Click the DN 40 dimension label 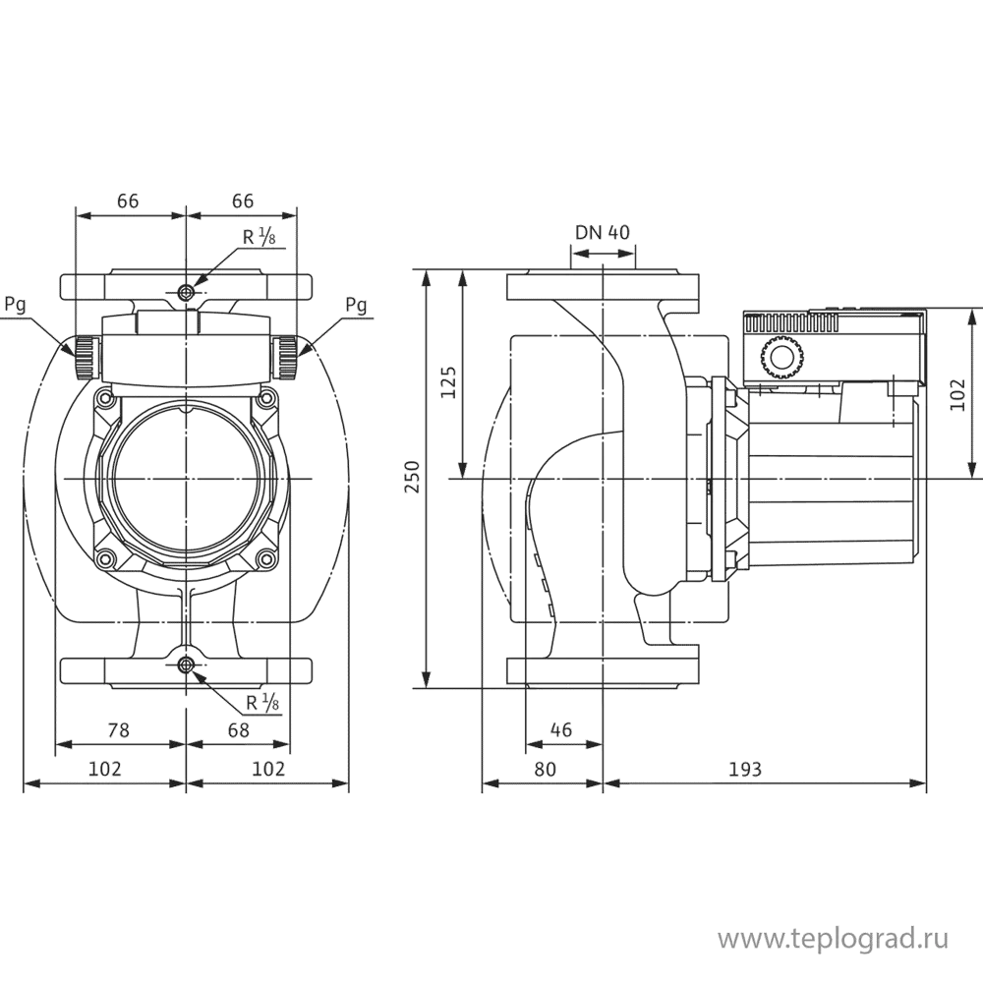click(603, 232)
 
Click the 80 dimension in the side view click(545, 769)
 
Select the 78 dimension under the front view click(119, 729)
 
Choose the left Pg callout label click(15, 304)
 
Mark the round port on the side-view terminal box click(782, 358)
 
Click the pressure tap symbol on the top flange click(187, 292)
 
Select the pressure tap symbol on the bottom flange click(187, 666)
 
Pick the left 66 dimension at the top click(128, 201)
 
